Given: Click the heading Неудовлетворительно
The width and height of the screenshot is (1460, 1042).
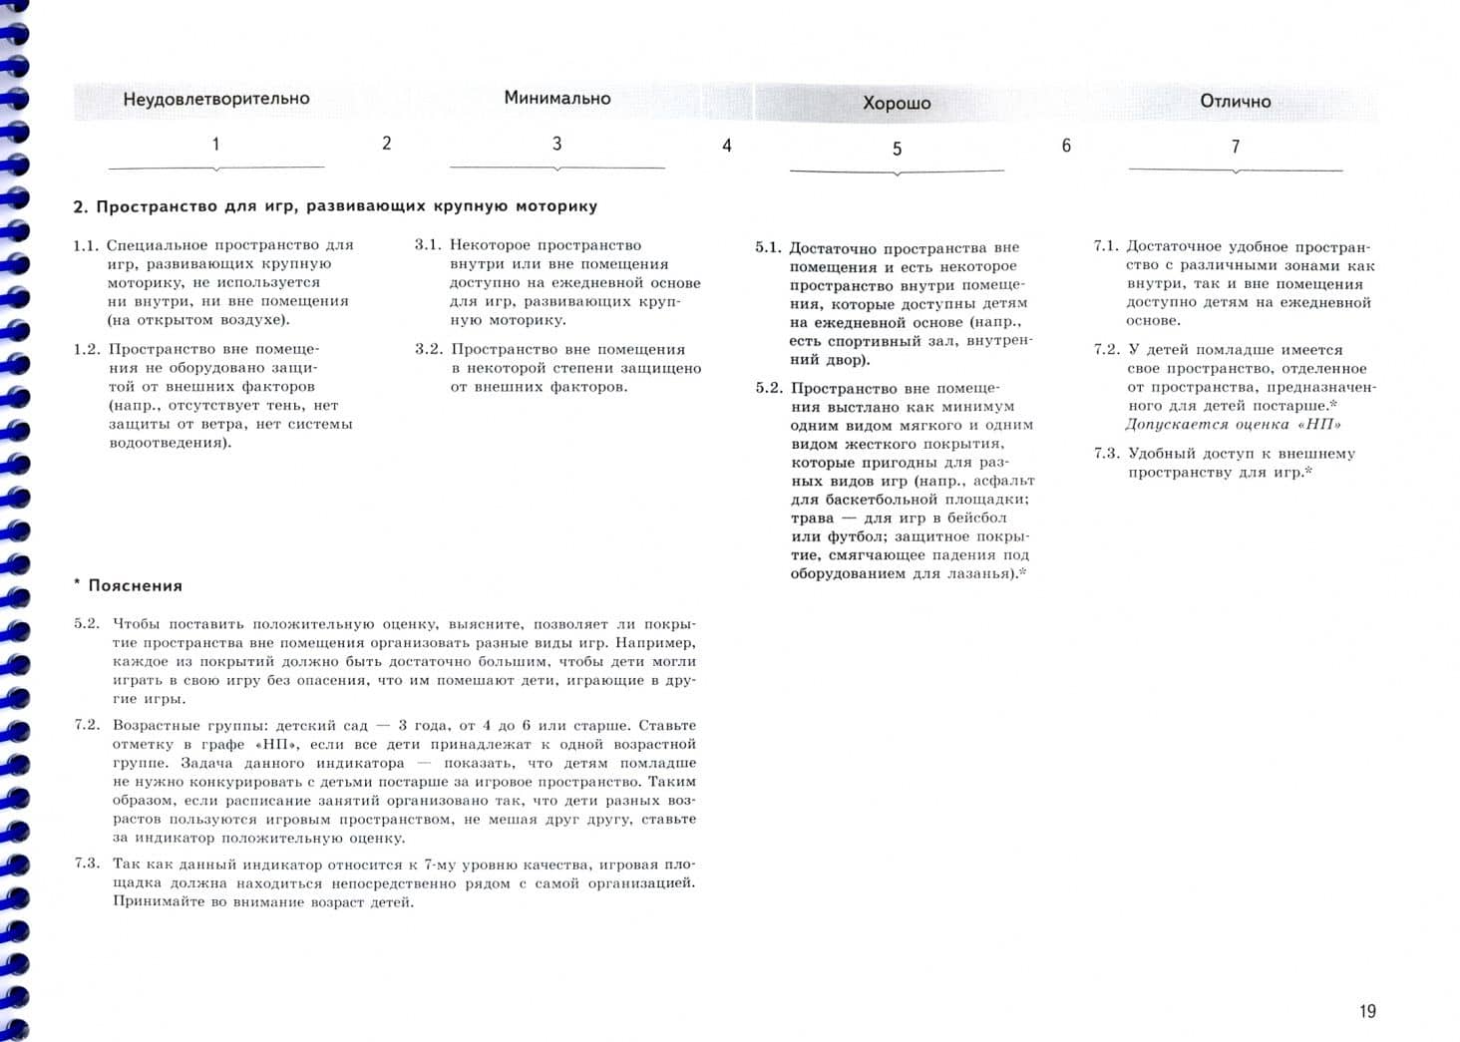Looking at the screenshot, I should [x=215, y=99].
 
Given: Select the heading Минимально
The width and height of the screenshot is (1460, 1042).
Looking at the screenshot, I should [x=556, y=98].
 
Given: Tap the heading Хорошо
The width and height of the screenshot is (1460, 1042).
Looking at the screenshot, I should [x=897, y=103].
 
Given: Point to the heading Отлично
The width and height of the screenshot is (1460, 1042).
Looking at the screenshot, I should [x=1235, y=101].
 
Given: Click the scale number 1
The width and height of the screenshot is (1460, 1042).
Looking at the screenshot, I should [x=215, y=145].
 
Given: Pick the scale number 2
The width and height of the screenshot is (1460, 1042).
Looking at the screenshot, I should [x=387, y=144].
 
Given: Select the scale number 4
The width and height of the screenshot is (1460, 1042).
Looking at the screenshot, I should [x=727, y=146].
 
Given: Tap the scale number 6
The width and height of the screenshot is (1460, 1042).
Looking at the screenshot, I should [x=1066, y=146].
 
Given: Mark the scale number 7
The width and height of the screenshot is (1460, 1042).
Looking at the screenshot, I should [x=1236, y=147].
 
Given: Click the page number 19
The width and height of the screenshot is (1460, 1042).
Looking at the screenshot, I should [x=1367, y=1011].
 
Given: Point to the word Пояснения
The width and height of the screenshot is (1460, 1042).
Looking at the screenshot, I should [x=135, y=585].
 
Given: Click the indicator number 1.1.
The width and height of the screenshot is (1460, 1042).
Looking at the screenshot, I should [x=87, y=245].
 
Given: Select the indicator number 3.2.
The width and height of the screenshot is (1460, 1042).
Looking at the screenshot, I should [x=429, y=349].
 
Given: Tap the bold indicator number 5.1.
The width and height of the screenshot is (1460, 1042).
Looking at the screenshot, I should [x=768, y=247].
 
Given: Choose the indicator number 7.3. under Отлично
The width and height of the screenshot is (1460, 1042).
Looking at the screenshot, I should [x=1107, y=454].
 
